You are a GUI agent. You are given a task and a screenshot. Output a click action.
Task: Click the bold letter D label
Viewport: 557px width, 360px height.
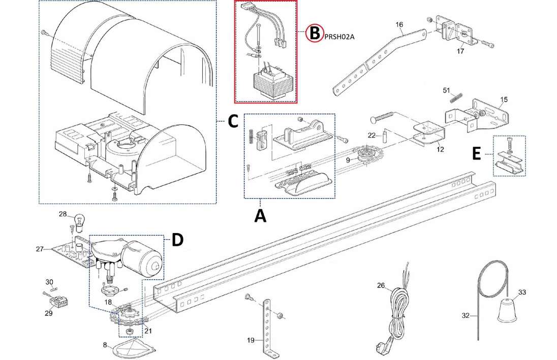pos(177,240)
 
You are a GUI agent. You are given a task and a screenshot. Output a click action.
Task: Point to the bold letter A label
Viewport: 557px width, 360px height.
pos(260,216)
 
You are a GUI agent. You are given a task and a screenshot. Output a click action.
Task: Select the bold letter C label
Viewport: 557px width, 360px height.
pos(232,121)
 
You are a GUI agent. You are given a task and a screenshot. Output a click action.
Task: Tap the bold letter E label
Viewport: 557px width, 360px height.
pos(476,154)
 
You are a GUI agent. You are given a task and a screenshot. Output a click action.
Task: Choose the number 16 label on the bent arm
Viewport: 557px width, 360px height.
pos(399,24)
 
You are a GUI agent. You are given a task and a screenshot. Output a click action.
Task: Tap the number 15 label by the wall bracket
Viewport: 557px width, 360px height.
pos(504,99)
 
